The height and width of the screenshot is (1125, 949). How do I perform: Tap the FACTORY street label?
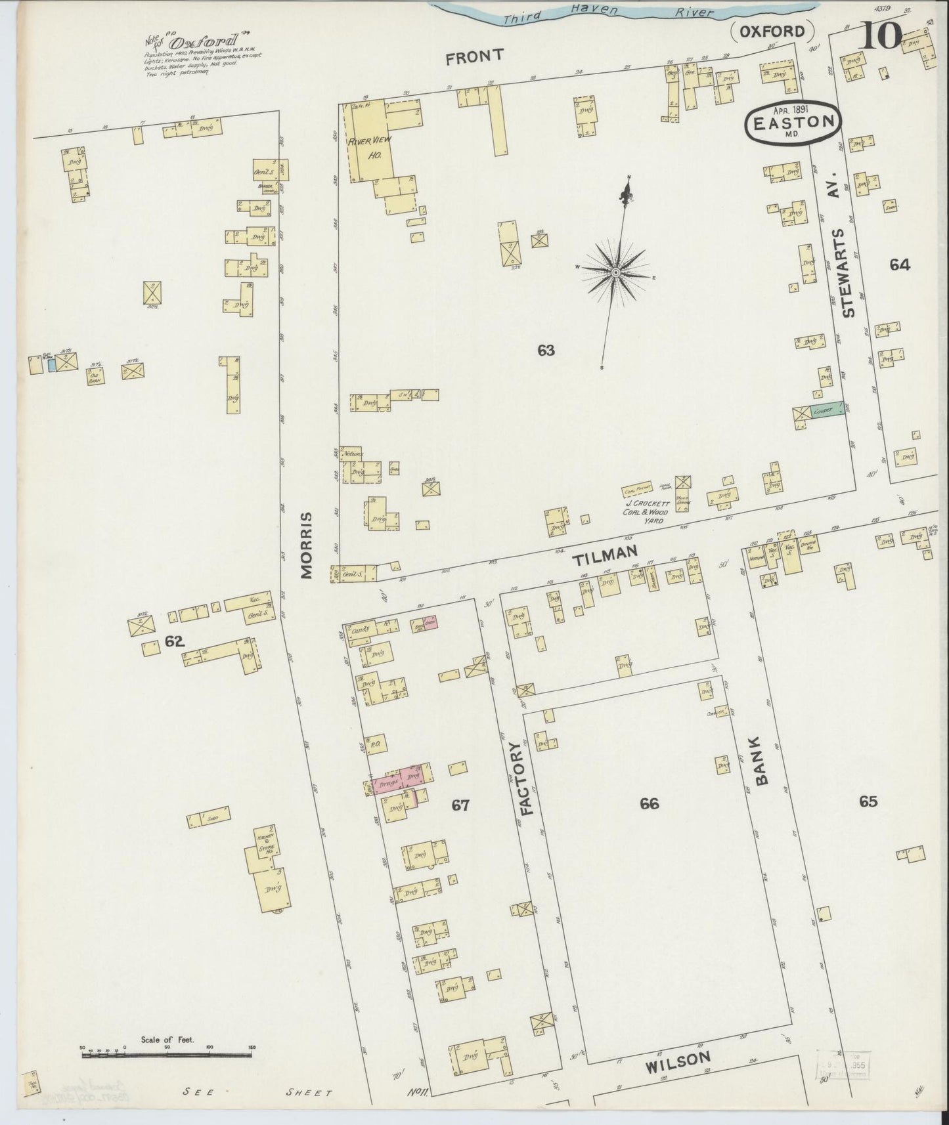pyautogui.click(x=529, y=778)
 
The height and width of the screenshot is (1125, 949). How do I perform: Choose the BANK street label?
pyautogui.click(x=762, y=761)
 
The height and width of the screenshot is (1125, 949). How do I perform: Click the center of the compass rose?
pyautogui.click(x=616, y=272)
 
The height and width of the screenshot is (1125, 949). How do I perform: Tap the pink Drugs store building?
pyautogui.click(x=389, y=783)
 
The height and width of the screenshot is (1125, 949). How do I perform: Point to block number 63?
pyautogui.click(x=545, y=350)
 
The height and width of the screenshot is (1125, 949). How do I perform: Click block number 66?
pyautogui.click(x=649, y=803)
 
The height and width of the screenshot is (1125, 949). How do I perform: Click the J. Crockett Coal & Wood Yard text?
pyautogui.click(x=647, y=512)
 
